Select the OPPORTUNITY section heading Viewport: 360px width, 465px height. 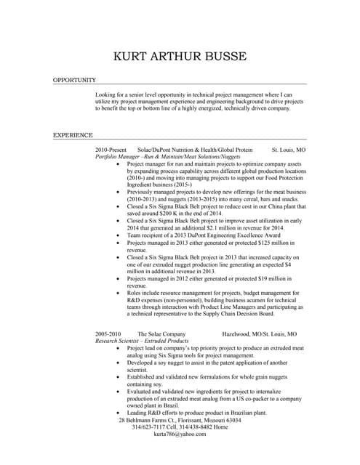75,80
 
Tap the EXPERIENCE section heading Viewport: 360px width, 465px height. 73,135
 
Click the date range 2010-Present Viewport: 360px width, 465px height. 111,150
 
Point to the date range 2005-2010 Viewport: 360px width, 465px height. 109,334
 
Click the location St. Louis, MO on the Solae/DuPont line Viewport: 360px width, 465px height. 289,150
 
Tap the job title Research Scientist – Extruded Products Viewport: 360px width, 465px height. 142,341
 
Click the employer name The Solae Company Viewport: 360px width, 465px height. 162,334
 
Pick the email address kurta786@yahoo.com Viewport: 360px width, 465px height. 180,434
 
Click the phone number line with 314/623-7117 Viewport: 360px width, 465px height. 180,426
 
